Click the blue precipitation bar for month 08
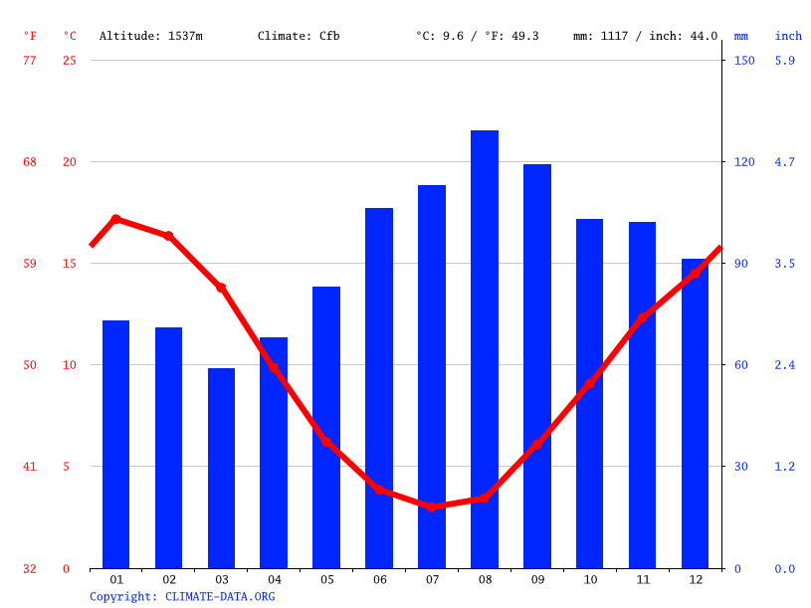pos(485,348)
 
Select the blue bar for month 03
pos(221,468)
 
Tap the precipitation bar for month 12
pos(695,413)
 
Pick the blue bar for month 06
pos(379,388)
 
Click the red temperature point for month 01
pos(116,219)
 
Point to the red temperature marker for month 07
pos(432,507)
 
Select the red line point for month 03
pos(221,288)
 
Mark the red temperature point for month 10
pos(590,383)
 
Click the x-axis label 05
pos(326,579)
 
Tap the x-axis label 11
pos(643,579)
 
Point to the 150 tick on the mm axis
pos(744,61)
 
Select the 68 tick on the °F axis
pos(30,162)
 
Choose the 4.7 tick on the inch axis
pos(785,162)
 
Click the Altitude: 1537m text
pos(150,36)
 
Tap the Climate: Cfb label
pos(299,36)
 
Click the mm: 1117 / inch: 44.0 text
pos(645,36)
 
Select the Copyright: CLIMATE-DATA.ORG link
pos(182,596)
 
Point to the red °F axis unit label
pos(30,36)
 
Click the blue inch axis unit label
pos(788,36)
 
